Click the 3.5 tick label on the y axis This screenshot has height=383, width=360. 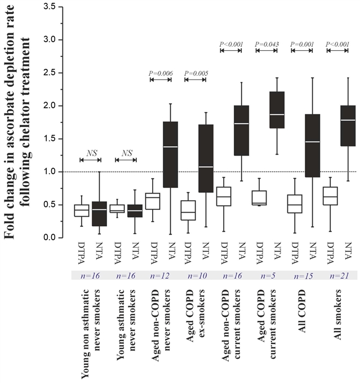click(x=55, y=7)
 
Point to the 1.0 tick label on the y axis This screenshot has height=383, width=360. click(x=55, y=171)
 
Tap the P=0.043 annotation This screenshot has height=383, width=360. click(x=267, y=43)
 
